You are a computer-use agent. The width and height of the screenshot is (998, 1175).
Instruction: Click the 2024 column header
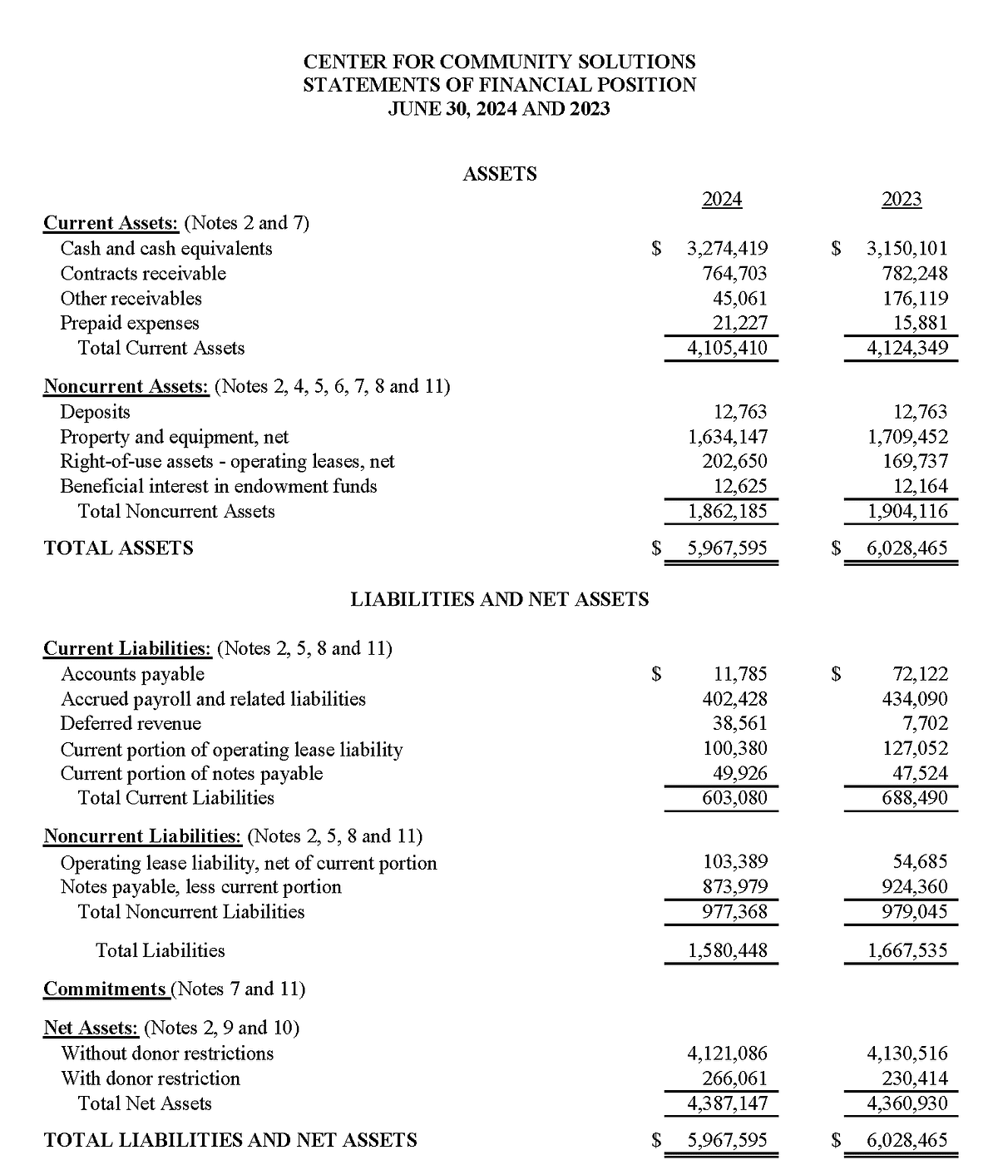coord(722,199)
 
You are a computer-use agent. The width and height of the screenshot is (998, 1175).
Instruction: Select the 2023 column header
coord(902,199)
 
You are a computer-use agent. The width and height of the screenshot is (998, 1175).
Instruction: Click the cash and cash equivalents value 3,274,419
coord(727,248)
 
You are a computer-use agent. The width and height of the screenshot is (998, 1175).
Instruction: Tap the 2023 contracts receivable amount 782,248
coord(915,273)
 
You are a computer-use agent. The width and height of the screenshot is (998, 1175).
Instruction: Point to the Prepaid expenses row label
coord(130,323)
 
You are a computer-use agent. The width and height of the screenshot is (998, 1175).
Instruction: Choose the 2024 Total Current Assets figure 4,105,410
coord(727,348)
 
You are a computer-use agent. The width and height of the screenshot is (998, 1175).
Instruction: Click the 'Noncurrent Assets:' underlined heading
coord(126,386)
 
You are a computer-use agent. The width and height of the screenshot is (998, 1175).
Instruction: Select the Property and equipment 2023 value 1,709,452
coord(907,436)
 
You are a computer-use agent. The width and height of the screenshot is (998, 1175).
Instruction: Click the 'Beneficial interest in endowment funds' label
coord(219,486)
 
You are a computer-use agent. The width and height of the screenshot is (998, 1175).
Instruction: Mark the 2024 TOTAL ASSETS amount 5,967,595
coord(727,548)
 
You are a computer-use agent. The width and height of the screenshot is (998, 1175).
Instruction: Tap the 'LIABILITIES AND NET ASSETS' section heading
coord(499,599)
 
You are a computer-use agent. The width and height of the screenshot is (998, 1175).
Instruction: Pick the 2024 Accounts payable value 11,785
coord(740,674)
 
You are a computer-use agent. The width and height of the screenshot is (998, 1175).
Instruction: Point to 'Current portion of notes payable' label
coord(191,773)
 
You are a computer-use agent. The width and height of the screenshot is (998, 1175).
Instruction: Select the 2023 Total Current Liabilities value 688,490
coord(915,798)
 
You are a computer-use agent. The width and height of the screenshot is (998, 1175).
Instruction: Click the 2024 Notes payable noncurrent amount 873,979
coord(735,886)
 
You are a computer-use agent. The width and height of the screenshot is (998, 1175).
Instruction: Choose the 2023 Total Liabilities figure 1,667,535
coord(907,950)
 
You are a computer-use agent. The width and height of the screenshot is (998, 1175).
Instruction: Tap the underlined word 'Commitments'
coord(105,989)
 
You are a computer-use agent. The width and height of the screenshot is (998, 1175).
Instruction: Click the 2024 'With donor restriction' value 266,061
coord(735,1078)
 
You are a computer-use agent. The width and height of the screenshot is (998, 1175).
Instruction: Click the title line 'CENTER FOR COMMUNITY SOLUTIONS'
coord(499,62)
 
